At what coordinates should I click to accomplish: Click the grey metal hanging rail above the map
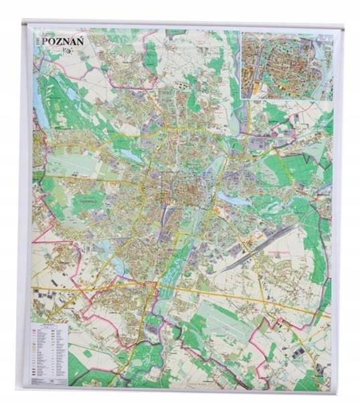181,25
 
